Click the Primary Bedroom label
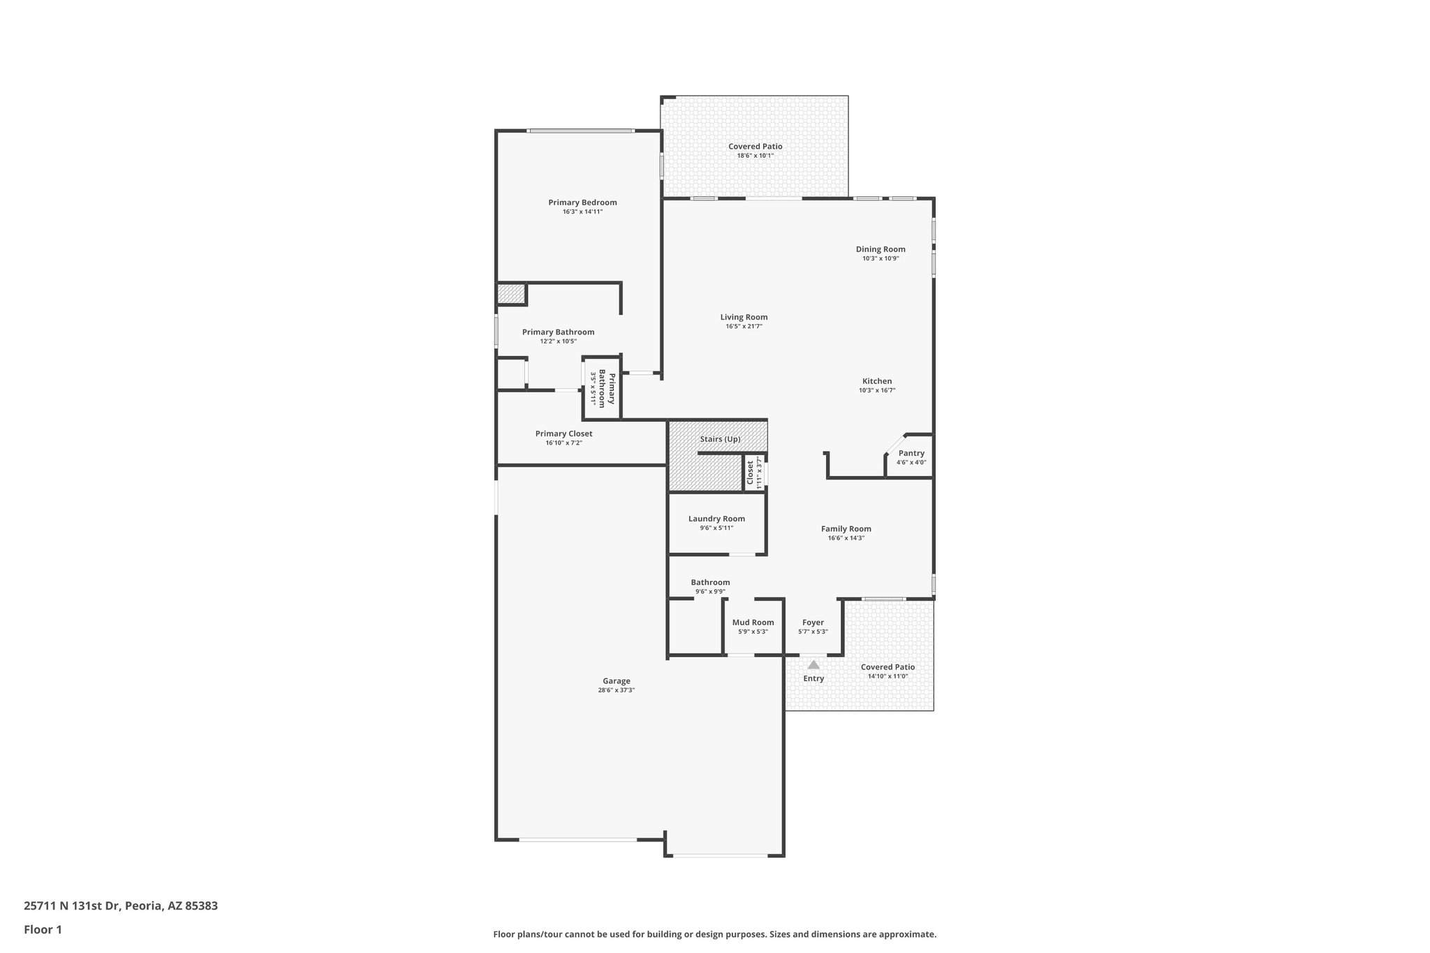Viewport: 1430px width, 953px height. click(582, 202)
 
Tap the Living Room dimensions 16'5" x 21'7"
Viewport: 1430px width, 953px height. click(744, 326)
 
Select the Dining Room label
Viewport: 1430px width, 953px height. click(880, 249)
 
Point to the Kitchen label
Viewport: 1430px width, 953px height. click(877, 381)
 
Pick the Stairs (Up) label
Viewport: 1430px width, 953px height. click(720, 439)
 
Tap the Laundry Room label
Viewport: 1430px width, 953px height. click(716, 519)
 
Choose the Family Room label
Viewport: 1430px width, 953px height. click(846, 529)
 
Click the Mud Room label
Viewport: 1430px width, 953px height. click(753, 622)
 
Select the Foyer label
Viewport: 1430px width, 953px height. click(813, 622)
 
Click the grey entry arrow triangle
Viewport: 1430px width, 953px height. click(813, 665)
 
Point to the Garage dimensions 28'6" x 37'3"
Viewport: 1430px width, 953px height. click(616, 690)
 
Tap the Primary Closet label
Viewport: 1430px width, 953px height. click(563, 434)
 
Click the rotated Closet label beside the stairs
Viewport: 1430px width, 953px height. click(751, 472)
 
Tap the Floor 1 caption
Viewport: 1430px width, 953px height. click(43, 930)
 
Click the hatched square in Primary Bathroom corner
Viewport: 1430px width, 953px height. click(511, 294)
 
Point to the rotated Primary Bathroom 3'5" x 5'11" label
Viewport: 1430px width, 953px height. click(603, 389)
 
